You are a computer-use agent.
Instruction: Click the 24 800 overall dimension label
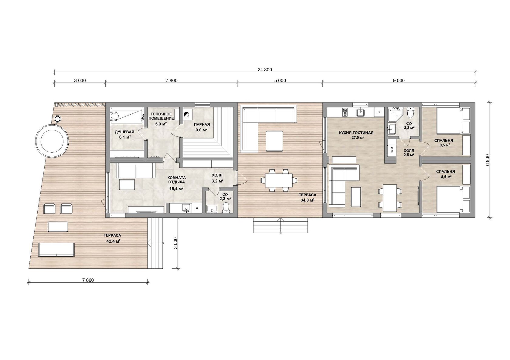(265, 69)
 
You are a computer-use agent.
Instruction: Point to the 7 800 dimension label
(172, 80)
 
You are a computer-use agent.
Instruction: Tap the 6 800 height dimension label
(487, 160)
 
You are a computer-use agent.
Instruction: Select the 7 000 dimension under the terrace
(88, 280)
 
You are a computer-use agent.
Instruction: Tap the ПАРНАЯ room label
(202, 124)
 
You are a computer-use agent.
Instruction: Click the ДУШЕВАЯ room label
(124, 132)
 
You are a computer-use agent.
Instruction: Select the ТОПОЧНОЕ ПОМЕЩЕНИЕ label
(161, 116)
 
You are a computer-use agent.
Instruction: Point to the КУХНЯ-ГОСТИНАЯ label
(356, 133)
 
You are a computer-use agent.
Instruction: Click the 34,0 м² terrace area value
(308, 200)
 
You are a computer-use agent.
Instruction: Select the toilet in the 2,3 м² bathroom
(226, 208)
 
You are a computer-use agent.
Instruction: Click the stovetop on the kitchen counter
(345, 112)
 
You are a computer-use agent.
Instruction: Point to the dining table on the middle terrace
(279, 180)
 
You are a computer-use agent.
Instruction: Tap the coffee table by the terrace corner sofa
(274, 141)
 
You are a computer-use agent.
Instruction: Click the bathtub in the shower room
(127, 116)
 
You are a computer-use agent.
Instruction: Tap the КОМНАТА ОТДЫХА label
(176, 180)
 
